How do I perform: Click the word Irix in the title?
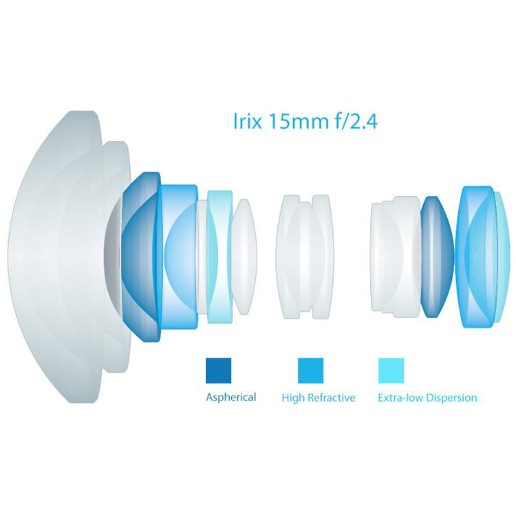(x=248, y=121)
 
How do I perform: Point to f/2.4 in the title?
(x=356, y=121)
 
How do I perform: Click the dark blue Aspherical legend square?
(x=219, y=371)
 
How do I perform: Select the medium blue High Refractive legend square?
(x=311, y=371)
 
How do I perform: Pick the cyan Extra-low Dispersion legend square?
(x=391, y=371)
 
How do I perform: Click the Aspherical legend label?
(x=231, y=398)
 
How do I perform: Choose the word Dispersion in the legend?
(x=451, y=398)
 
